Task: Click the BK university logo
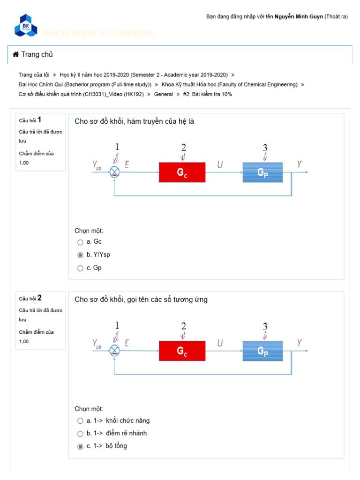[x=25, y=25]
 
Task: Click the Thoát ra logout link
[x=336, y=16]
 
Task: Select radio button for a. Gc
[x=80, y=242]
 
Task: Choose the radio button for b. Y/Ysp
[x=80, y=255]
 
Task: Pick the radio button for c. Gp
[x=80, y=268]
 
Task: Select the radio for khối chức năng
[x=80, y=420]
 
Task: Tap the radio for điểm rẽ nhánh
[x=80, y=433]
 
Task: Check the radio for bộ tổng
[x=80, y=446]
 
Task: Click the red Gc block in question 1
[x=182, y=172]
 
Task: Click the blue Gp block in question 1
[x=262, y=172]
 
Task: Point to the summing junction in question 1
[x=114, y=172]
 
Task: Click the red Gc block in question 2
[x=182, y=351]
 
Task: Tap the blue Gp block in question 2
[x=262, y=351]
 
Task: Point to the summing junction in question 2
[x=114, y=351]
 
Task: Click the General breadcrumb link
[x=164, y=94]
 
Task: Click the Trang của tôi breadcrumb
[x=34, y=75]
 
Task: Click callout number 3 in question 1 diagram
[x=265, y=148]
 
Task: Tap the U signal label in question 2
[x=220, y=343]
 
